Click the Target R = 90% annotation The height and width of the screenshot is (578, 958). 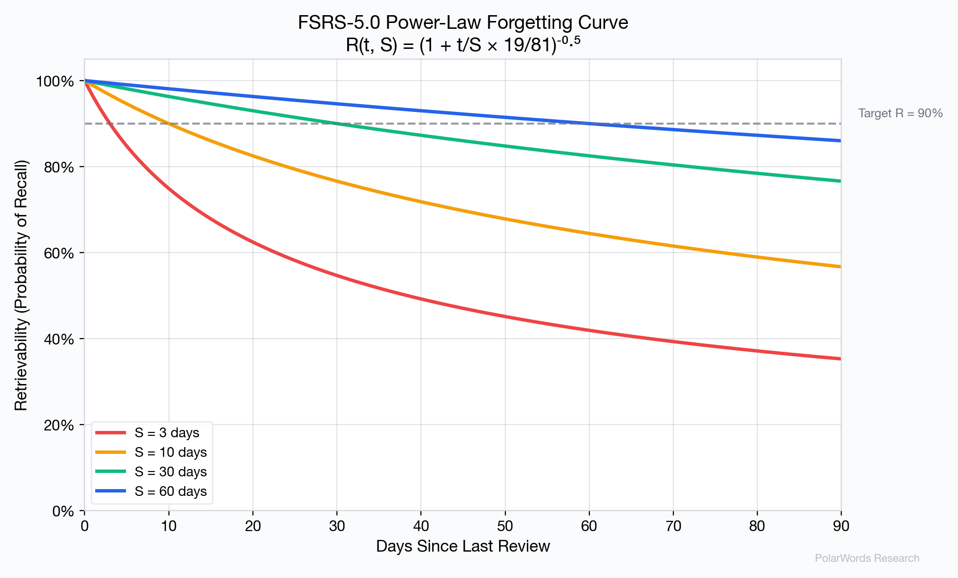pos(900,113)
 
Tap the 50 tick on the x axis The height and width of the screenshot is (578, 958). pos(505,526)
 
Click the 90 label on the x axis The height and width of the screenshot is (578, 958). pos(841,526)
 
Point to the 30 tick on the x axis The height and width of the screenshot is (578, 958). pos(337,526)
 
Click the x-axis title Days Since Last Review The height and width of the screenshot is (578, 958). pos(463,546)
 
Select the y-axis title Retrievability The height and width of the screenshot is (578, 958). pos(21,285)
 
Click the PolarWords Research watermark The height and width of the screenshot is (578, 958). pos(867,558)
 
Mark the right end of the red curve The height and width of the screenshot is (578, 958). pos(840,359)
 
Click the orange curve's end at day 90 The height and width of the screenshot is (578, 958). pos(840,267)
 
